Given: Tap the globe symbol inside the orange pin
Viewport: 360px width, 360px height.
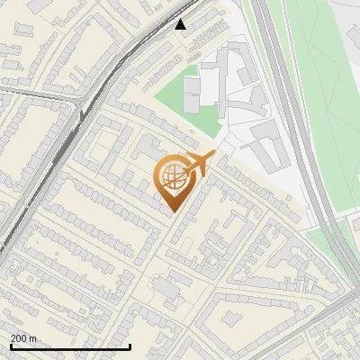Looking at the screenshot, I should click(171, 178).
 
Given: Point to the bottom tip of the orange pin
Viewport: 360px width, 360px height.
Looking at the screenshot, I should click(172, 213).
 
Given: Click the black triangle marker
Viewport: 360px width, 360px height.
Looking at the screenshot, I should click(181, 24).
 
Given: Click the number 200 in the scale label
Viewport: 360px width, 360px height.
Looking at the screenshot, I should click(19, 338).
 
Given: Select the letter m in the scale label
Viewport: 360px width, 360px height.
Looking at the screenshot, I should click(33, 338).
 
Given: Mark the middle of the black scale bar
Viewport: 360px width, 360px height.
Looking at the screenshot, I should click(70, 346).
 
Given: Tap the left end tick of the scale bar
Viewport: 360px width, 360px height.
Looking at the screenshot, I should click(10, 345).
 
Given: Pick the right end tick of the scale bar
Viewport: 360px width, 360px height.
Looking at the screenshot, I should click(130, 345).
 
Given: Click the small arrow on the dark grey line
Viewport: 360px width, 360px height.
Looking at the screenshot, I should click(82, 114).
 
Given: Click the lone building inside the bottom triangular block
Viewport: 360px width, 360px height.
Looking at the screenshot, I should click(231, 319).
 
